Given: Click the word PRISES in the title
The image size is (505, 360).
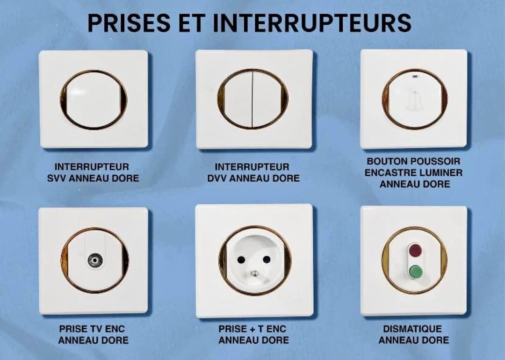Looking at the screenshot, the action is pos(129,23).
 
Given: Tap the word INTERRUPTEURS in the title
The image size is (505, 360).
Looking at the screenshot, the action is pos(312,23).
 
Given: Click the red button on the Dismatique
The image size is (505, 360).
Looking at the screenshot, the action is pos(416,250).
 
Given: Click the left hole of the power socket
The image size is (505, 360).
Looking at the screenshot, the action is pos(241,259).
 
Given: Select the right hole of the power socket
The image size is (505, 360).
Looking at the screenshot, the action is pos(267,259).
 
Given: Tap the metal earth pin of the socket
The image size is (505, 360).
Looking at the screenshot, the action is pos(254,274).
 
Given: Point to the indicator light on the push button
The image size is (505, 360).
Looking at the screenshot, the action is pos(414,77).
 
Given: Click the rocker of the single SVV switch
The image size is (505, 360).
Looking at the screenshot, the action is pos(94,100).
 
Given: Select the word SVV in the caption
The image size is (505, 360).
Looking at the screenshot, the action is pos(57,179).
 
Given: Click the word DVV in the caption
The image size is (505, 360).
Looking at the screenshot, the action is pos(217,179).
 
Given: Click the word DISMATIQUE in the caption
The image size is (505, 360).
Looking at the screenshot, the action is pos(412,329).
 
